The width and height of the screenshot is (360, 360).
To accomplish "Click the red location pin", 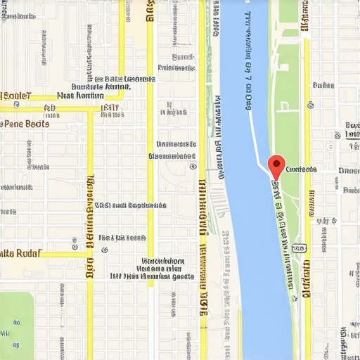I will tap(276, 166).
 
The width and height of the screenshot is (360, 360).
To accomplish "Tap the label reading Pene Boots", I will tap(27, 123).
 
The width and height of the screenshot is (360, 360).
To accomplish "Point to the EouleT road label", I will tap(17, 96).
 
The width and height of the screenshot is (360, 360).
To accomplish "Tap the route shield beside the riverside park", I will tap(299, 248).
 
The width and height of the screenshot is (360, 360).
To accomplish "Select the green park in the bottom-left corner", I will tap(15, 320).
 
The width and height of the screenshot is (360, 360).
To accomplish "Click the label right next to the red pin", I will tap(302, 169).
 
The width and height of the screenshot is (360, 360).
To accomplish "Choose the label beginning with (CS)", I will tap(130, 205).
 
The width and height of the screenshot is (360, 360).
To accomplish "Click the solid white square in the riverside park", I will tap(289, 32).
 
